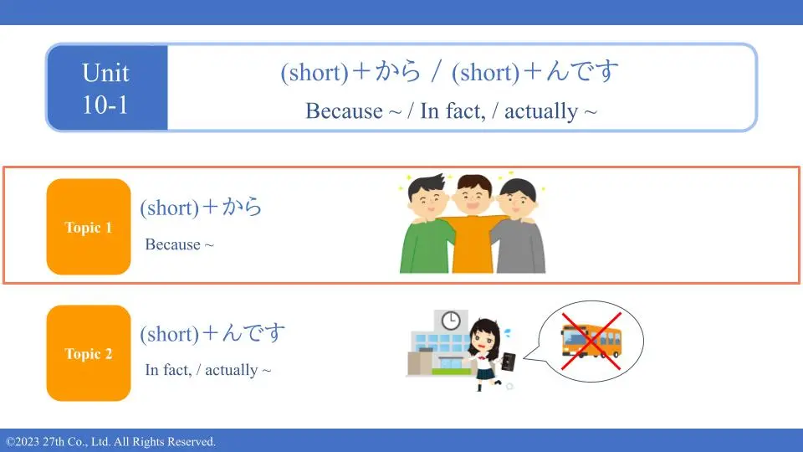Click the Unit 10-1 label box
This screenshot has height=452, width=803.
(106, 88)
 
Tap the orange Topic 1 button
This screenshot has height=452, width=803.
(89, 227)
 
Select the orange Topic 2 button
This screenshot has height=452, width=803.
(89, 353)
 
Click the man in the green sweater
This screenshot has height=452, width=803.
(427, 225)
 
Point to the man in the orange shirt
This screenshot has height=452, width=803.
(473, 225)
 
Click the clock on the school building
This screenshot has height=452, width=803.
(451, 321)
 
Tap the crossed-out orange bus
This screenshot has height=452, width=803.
(591, 340)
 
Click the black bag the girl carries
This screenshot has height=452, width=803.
(509, 362)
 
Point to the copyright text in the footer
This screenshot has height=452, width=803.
(110, 442)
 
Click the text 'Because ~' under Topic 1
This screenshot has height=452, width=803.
(179, 244)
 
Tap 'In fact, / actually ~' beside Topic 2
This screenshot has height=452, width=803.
(208, 369)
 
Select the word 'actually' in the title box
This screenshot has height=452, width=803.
(541, 110)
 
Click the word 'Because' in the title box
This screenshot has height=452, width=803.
(344, 110)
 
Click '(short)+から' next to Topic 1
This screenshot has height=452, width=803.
(201, 207)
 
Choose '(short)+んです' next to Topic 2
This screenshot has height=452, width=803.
(212, 334)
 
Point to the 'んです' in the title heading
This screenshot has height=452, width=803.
(582, 70)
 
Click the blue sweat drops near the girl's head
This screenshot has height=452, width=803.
(507, 333)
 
